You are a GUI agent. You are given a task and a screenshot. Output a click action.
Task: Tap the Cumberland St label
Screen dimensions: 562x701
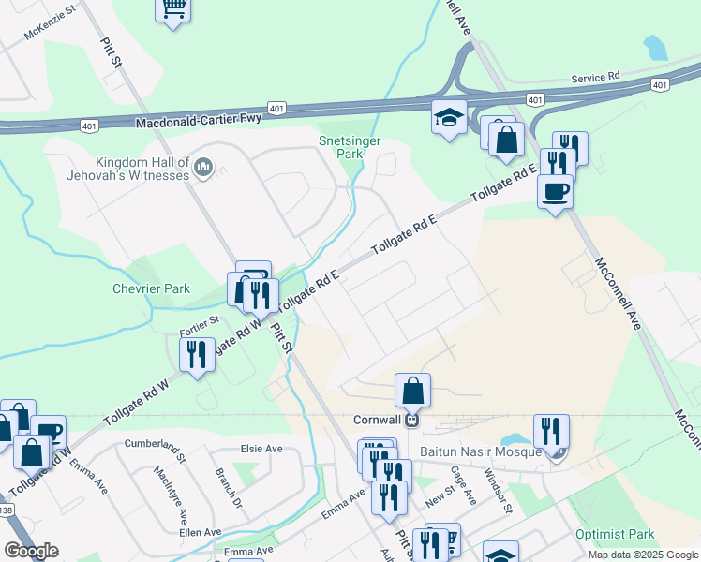pyautogui.click(x=156, y=448)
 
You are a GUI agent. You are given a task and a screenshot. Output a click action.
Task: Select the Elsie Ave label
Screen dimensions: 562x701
pyautogui.click(x=261, y=449)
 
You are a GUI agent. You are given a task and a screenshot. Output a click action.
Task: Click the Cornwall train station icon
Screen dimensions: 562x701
pyautogui.click(x=410, y=420)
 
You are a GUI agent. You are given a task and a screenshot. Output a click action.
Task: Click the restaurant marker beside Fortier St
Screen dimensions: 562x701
pyautogui.click(x=196, y=355)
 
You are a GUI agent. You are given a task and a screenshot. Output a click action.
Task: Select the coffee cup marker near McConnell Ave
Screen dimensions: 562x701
pyautogui.click(x=555, y=192)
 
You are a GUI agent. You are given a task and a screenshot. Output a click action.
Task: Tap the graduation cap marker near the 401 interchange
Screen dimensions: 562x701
pyautogui.click(x=449, y=118)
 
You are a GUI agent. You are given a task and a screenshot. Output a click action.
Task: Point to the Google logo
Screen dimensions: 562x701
pyautogui.click(x=31, y=551)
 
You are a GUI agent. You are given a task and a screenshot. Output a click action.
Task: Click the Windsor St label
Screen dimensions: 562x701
pyautogui.click(x=498, y=491)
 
